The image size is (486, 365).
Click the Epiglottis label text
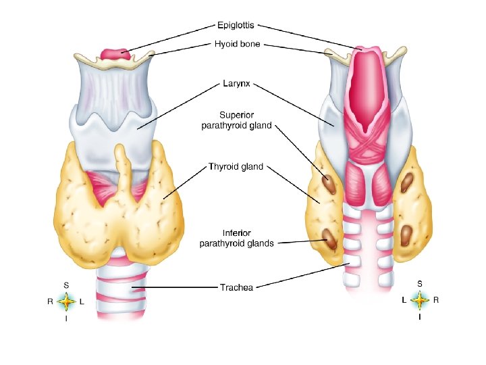click(236, 26)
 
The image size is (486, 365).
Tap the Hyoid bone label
click(237, 45)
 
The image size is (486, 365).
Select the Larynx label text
click(236, 84)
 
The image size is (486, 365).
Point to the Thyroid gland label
click(236, 166)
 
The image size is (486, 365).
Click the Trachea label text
click(236, 288)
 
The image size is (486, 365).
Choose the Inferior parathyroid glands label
click(236, 238)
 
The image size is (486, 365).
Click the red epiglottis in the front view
click(114, 53)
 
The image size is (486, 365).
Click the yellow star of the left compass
click(66, 301)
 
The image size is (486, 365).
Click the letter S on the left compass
click(66, 285)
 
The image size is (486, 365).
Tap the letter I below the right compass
click(420, 316)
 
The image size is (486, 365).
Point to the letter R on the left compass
click(50, 302)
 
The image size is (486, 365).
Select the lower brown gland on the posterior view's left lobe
click(330, 238)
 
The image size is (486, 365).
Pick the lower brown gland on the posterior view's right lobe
click(406, 234)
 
